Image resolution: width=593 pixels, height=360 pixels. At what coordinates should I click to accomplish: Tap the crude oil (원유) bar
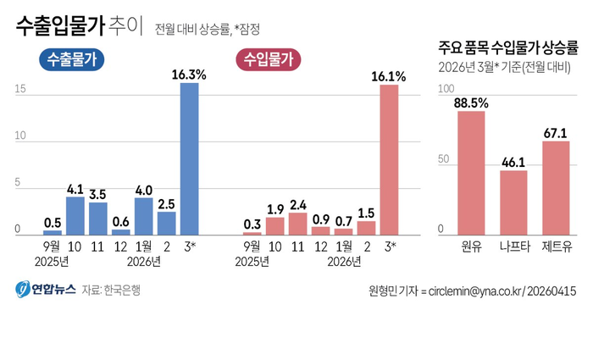(x=471, y=173)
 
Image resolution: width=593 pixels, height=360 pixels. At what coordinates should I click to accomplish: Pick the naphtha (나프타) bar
(x=513, y=202)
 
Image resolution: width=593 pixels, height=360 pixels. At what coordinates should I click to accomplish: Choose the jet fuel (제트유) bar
(x=556, y=187)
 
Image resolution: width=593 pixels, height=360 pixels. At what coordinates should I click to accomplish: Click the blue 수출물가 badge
(x=71, y=59)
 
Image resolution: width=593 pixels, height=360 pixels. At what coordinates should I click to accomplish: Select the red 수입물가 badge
(x=269, y=59)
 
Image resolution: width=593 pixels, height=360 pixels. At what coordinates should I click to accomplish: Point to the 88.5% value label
(x=471, y=103)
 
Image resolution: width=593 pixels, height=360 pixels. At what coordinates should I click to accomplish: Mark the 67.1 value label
(x=556, y=133)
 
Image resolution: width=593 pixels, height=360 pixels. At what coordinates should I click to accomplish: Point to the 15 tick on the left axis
(x=18, y=89)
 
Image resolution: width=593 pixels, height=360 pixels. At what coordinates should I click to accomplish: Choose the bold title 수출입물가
(x=59, y=27)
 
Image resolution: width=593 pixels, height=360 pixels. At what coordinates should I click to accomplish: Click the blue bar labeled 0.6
(x=121, y=231)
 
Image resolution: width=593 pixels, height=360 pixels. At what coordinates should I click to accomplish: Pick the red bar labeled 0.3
(x=252, y=233)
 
